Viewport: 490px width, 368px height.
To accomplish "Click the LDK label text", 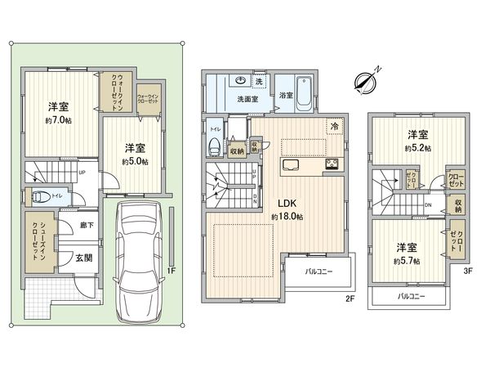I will [287, 204].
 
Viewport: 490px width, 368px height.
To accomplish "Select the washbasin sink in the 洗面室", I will [243, 80].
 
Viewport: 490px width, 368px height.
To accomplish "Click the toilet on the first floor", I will [39, 197].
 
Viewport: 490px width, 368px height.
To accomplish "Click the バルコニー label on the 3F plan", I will [411, 296].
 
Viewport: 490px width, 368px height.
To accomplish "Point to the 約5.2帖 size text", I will [416, 149].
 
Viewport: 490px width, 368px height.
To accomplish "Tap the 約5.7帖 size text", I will [406, 260].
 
